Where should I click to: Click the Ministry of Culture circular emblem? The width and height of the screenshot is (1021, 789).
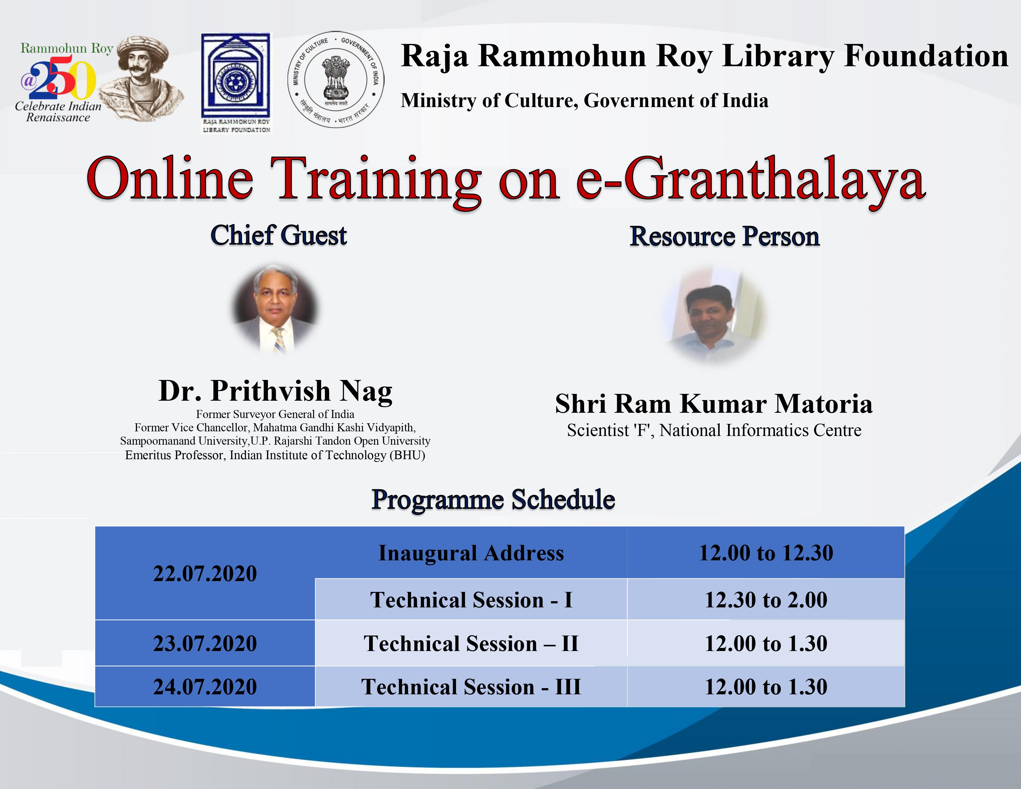click(336, 80)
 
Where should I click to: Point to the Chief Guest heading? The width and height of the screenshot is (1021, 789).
click(279, 235)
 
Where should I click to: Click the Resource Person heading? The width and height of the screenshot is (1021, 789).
click(725, 236)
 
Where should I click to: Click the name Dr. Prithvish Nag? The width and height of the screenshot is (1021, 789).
click(275, 391)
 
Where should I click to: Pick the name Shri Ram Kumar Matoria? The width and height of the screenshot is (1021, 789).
click(714, 404)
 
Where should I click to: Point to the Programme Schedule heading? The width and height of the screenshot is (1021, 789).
click(493, 500)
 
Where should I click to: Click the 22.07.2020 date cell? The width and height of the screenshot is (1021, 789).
click(205, 574)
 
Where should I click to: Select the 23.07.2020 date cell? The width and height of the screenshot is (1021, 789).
click(205, 643)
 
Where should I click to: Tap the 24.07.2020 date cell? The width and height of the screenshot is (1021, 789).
click(205, 687)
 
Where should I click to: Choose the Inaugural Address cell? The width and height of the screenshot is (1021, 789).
click(471, 553)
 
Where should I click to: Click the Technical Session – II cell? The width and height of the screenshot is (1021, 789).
click(471, 643)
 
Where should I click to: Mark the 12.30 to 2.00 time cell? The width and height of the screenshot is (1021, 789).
click(766, 600)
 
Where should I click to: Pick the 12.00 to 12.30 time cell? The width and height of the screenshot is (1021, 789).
click(766, 553)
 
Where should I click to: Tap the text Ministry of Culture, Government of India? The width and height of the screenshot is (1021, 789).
click(584, 101)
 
